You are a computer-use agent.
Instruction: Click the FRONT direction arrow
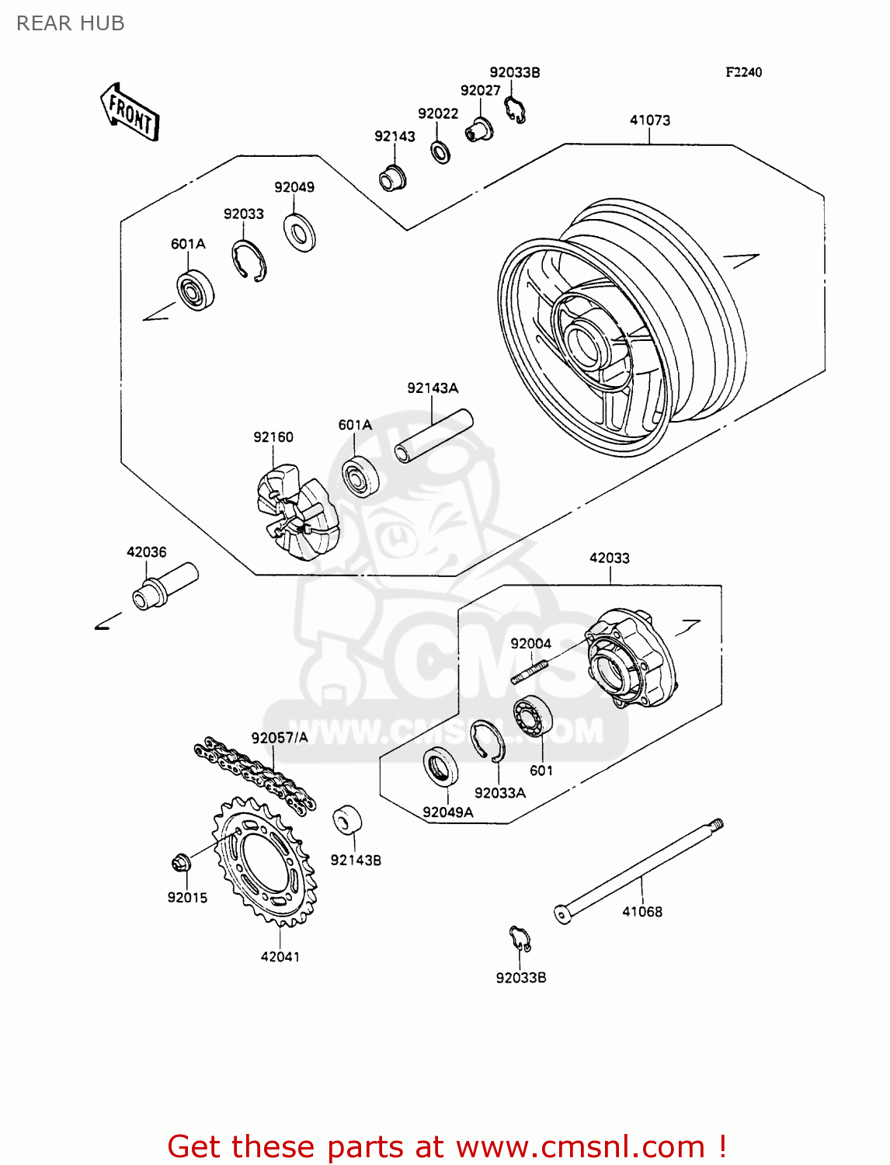130,113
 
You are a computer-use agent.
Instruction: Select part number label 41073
649,120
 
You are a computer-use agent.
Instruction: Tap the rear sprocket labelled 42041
265,862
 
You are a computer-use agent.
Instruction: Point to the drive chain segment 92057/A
255,774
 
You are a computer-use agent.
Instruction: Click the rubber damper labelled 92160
297,510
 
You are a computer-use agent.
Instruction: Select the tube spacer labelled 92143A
433,436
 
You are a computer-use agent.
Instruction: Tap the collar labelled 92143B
347,821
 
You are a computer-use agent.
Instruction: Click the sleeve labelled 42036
165,586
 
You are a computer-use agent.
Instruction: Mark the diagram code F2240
743,72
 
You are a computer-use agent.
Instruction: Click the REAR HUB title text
71,23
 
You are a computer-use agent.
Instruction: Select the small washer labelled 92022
440,151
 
